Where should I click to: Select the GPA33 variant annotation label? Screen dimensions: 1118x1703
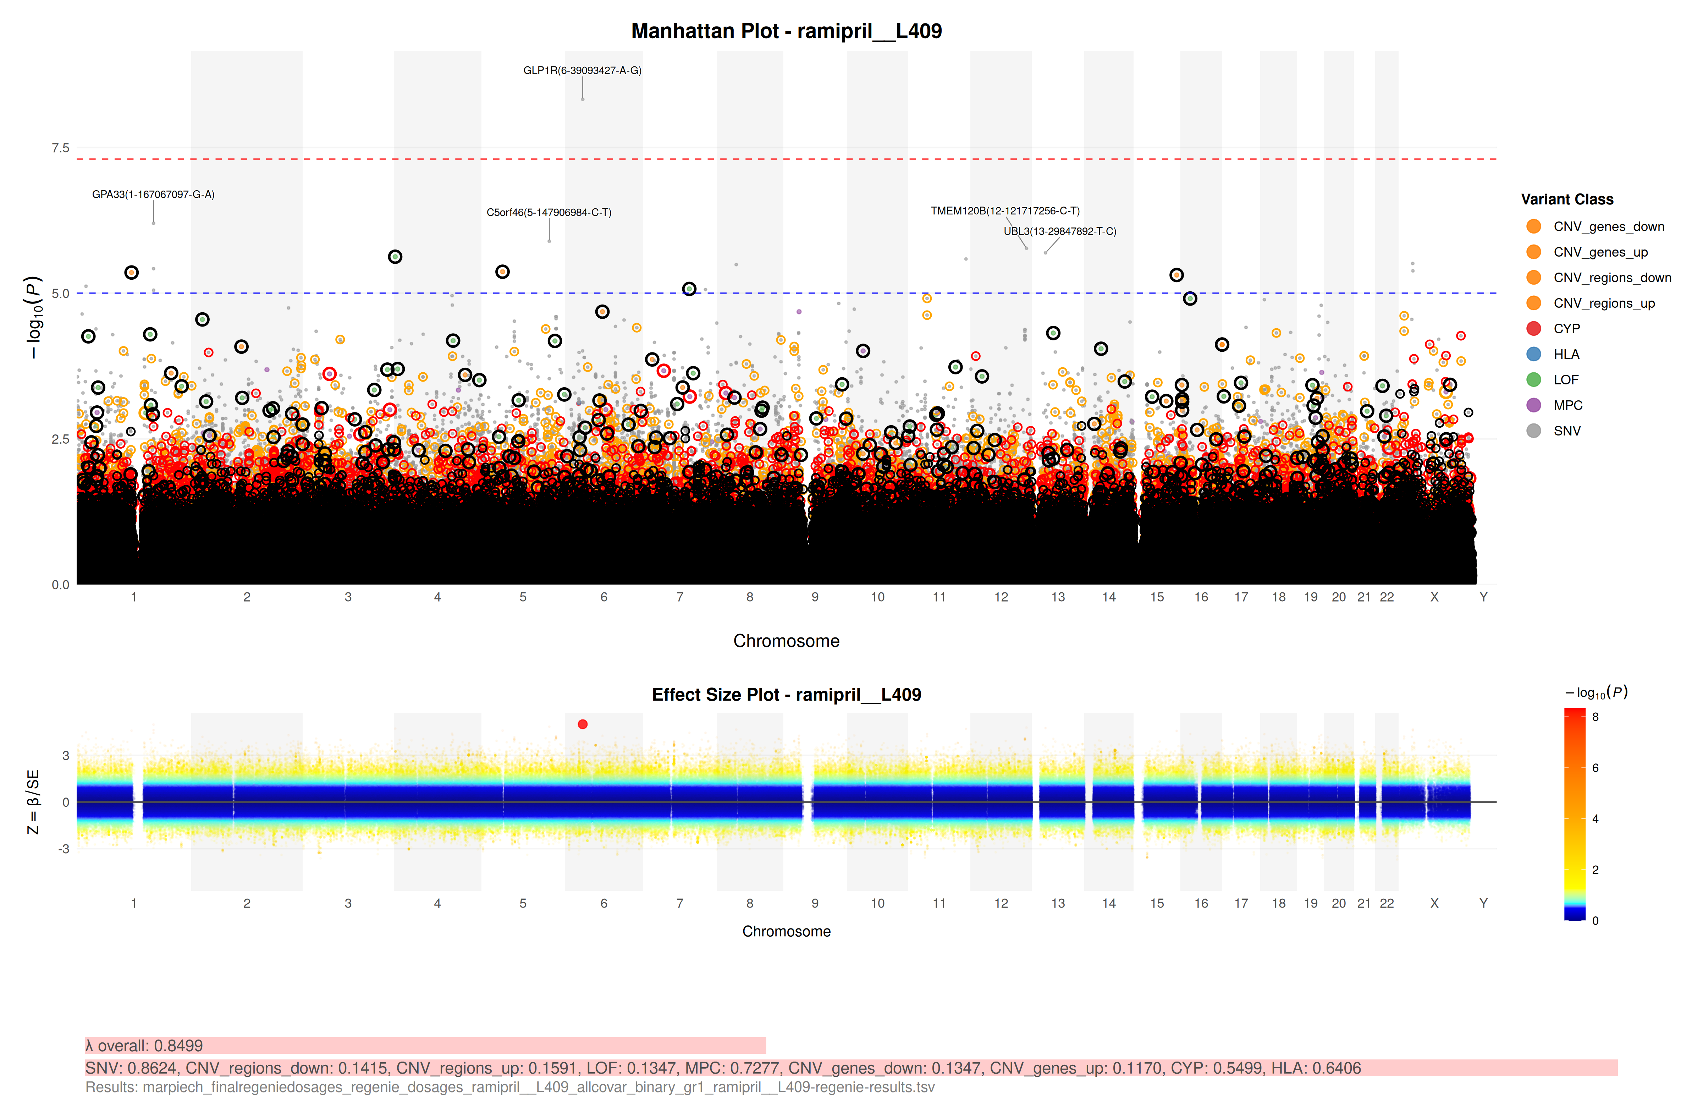153,194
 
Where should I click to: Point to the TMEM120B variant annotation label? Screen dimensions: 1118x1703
1005,210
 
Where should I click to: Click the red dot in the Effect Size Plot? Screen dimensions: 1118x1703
583,724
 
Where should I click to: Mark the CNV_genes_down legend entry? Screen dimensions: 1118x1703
1608,226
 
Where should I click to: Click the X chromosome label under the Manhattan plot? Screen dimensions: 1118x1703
1434,597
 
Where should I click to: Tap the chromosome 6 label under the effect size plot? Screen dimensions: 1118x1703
604,903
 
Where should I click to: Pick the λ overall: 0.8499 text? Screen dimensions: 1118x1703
144,1046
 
